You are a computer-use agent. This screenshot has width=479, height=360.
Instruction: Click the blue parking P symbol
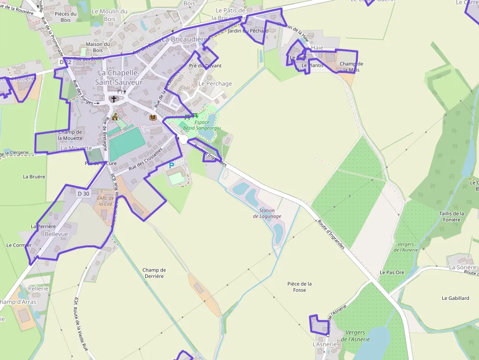[x=171, y=166]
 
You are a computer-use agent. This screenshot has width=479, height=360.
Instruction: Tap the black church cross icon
[x=114, y=99]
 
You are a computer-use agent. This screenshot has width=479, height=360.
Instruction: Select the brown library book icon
[x=152, y=117]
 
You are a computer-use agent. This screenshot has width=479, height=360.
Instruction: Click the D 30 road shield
[x=84, y=193]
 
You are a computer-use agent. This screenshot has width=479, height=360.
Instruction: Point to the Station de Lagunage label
[x=267, y=213]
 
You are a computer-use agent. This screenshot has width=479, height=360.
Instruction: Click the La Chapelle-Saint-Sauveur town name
[x=120, y=78]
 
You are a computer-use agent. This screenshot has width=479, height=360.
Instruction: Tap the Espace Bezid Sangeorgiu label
[x=196, y=125]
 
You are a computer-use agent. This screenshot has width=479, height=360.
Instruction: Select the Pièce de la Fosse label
[x=300, y=287]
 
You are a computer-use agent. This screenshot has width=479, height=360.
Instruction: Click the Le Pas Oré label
[x=392, y=272]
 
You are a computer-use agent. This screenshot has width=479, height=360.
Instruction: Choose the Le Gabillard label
[x=455, y=298]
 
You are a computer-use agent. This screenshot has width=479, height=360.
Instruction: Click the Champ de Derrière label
[x=154, y=273]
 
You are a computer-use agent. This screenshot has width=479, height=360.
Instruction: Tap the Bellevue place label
[x=56, y=234]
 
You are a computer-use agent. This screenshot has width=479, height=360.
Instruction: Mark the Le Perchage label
[x=215, y=84]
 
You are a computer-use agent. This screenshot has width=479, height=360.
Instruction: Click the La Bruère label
[x=34, y=176]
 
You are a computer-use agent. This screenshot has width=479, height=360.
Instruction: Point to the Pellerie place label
[x=38, y=289]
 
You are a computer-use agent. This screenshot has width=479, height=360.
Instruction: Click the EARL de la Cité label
[x=106, y=201]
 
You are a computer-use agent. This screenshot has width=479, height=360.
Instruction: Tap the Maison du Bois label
[x=98, y=47]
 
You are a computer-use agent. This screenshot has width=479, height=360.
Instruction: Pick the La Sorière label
[x=462, y=268]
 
